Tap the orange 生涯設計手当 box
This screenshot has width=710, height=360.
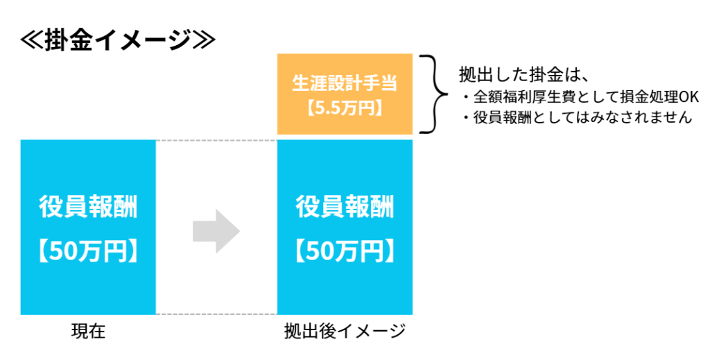tap(345, 94)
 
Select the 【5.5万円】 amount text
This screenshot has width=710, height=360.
tap(345, 109)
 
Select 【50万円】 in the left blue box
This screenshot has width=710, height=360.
tap(88, 251)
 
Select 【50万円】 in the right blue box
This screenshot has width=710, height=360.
tap(345, 251)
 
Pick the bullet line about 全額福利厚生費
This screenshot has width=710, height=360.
tap(580, 96)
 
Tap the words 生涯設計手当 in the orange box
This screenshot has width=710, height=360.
tap(345, 84)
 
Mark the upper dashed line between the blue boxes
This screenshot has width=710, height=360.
tap(216, 141)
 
